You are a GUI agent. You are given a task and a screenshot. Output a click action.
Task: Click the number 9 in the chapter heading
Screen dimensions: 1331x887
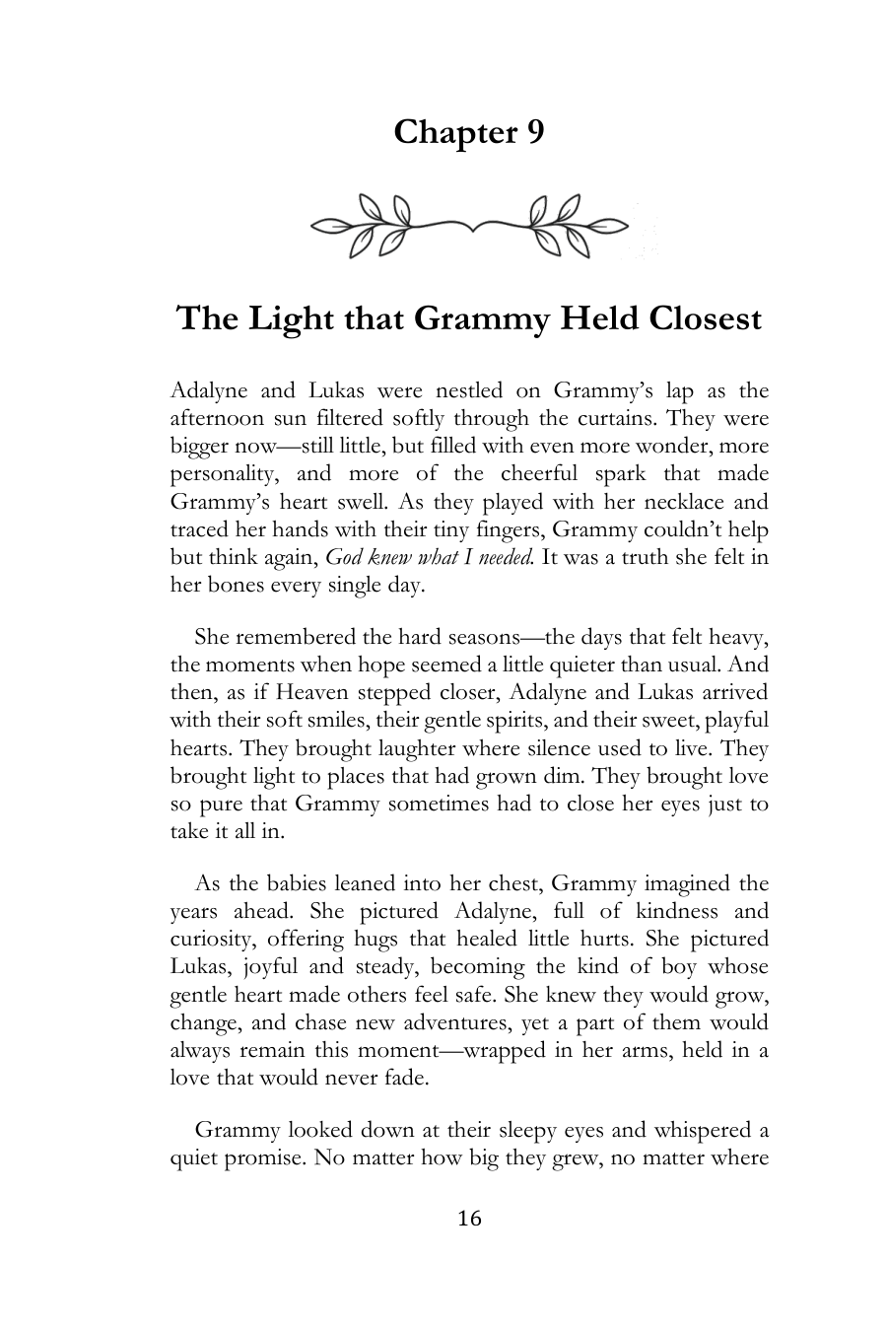(532, 132)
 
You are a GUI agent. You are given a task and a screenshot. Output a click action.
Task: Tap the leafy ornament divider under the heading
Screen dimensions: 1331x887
(469, 227)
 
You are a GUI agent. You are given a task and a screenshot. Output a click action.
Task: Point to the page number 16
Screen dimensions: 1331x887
(470, 1219)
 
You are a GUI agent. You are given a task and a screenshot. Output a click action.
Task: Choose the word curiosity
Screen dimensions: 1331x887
(212, 940)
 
